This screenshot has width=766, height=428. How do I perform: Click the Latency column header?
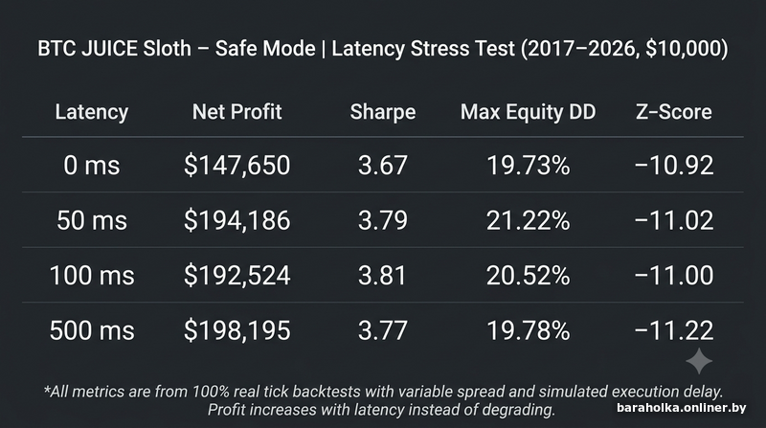coord(92,112)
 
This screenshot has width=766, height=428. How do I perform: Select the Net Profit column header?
coord(237,112)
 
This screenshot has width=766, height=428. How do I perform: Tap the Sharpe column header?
coord(383,112)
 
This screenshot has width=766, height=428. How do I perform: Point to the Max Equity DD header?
coord(529,112)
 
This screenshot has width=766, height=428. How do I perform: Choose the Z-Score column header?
coord(674,112)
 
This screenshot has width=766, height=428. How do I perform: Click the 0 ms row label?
coord(92,165)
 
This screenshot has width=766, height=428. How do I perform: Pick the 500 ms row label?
coord(92,330)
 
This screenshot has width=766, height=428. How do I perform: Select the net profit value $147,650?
coord(237,165)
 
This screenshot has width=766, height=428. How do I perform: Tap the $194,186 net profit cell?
coord(237,220)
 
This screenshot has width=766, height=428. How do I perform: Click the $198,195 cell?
coord(237,330)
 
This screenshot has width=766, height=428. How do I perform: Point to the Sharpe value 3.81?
coord(382,276)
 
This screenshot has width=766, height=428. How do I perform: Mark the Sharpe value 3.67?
coord(382,165)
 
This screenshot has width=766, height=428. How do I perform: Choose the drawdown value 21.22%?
coord(529,220)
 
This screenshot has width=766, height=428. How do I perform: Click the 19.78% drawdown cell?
coord(529,330)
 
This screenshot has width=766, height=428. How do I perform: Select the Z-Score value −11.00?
coord(674,276)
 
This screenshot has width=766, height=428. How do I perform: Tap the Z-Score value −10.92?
coord(674,165)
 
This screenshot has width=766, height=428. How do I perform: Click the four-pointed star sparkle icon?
coord(699,361)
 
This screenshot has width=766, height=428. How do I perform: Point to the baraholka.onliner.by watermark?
coord(681,408)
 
